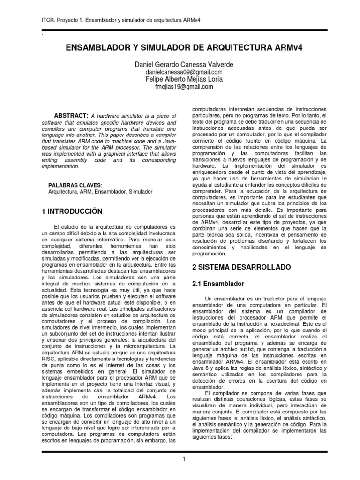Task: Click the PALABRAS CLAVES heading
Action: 75,184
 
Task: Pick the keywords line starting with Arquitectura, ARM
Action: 100,192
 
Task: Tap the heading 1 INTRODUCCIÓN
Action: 72,211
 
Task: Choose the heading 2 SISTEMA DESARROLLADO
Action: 242,267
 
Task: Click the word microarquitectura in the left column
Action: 132,339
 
